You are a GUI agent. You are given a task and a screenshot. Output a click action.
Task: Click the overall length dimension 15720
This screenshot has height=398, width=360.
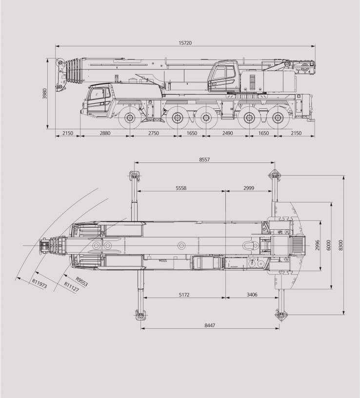pyautogui.click(x=185, y=43)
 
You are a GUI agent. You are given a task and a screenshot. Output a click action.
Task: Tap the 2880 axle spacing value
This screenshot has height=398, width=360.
pyautogui.click(x=105, y=133)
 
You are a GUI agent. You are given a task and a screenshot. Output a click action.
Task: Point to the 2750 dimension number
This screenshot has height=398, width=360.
pyautogui.click(x=153, y=133)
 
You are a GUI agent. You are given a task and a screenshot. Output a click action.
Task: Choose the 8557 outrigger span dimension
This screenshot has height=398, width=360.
pyautogui.click(x=205, y=159)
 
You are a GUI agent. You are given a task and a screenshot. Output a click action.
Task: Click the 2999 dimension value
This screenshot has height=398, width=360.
pyautogui.click(x=249, y=188)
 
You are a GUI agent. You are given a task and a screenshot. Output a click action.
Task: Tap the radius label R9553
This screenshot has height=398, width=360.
pyautogui.click(x=81, y=281)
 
